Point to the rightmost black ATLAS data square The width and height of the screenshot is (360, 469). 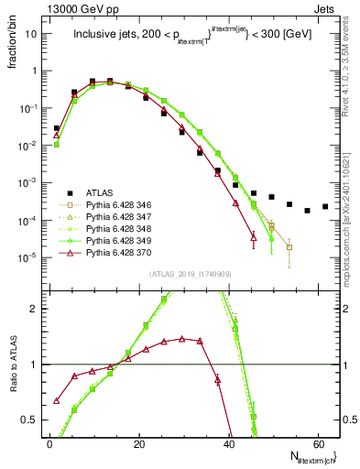pyautogui.click(x=325, y=206)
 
